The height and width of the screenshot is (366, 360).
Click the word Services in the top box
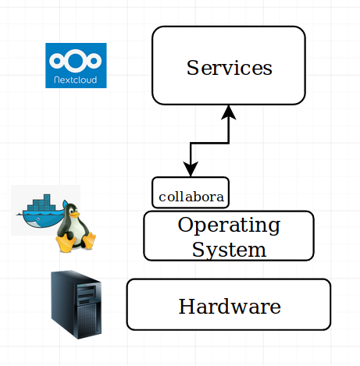pos(230,68)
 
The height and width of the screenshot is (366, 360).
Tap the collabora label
pos(191,197)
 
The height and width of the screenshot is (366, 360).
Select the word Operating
pos(229,226)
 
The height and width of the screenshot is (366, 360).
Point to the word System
pos(229,250)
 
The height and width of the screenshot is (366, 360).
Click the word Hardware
pos(230,306)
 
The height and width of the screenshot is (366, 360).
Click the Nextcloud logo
pos(76,66)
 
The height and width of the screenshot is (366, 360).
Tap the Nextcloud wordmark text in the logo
pos(76,80)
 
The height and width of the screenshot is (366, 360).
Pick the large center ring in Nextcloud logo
pos(76,60)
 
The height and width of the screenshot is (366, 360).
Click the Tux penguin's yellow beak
pos(75,215)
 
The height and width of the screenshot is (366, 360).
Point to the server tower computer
pos(76,304)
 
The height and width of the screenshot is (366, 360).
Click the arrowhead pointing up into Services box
pos(229,112)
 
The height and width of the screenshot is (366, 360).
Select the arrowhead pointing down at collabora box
pos(191,169)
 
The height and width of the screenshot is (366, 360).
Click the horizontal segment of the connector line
pos(210,143)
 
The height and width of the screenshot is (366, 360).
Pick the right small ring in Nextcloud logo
pos(94,61)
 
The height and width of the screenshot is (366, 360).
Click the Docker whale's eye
pos(38,219)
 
